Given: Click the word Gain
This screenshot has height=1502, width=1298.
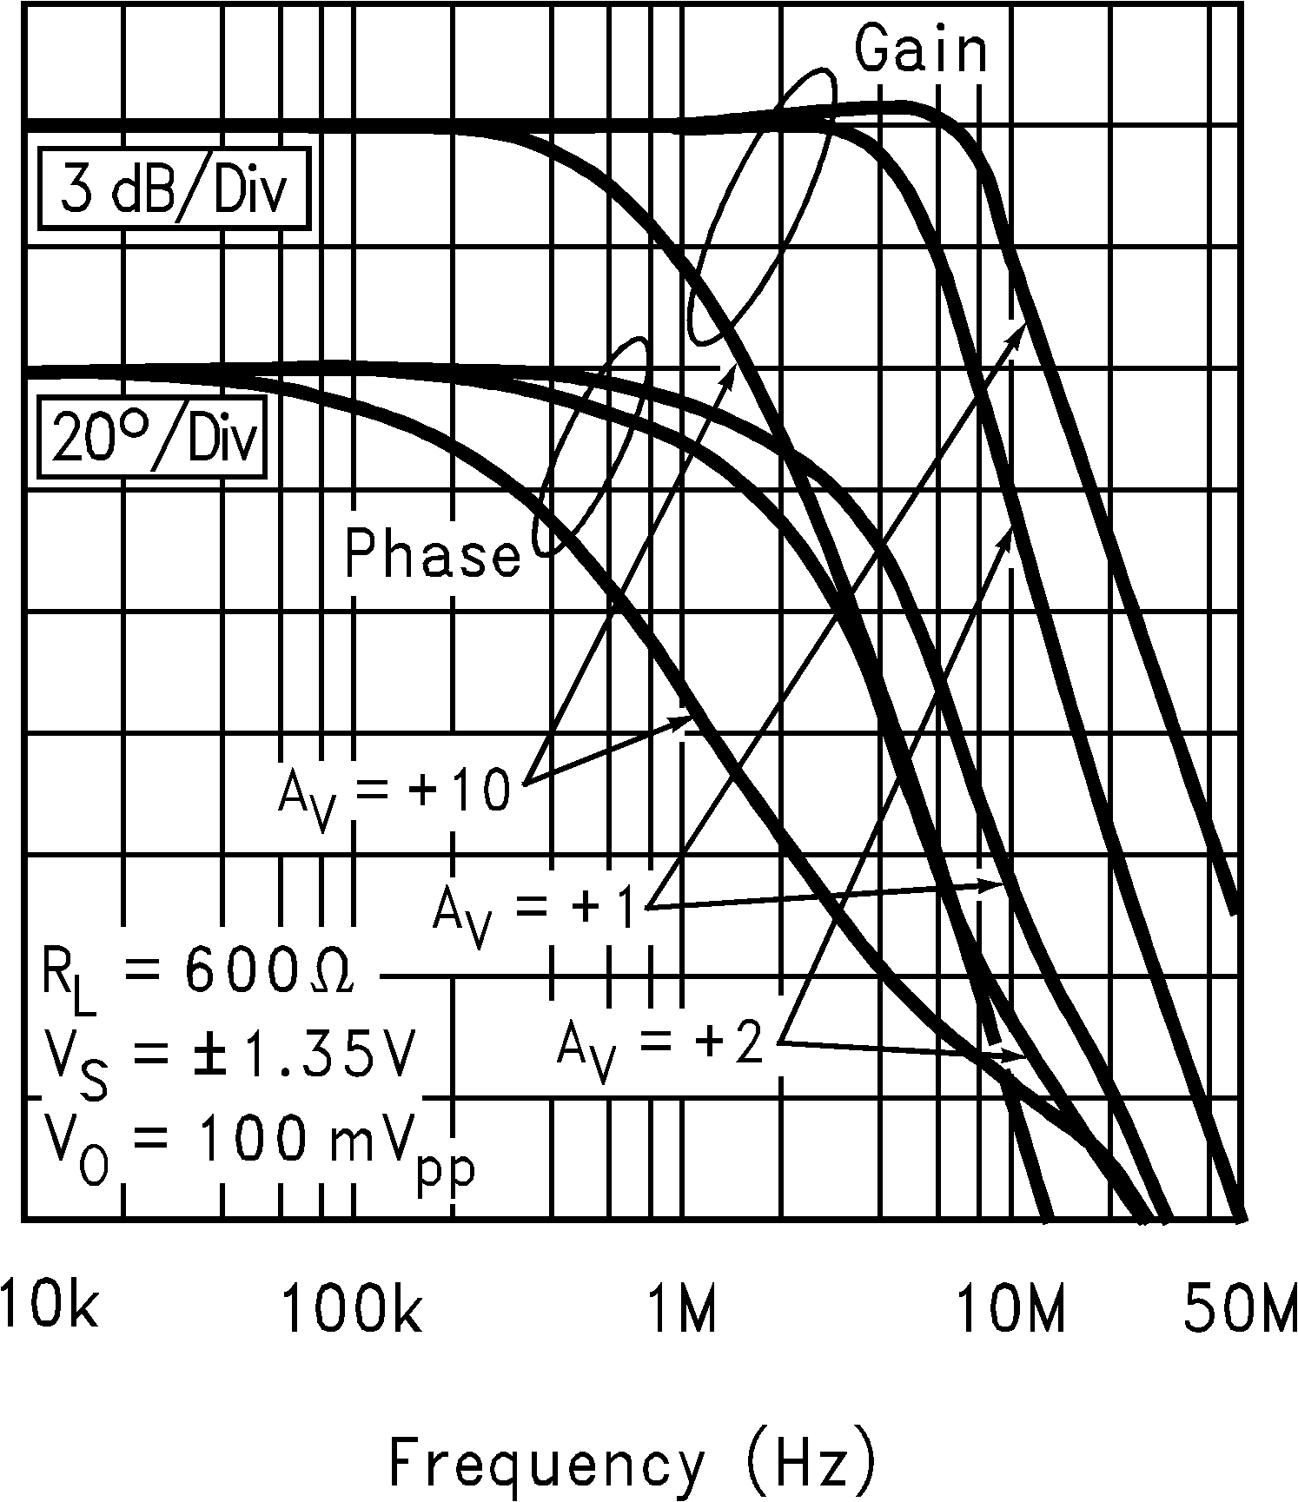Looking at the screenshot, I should pos(922,50).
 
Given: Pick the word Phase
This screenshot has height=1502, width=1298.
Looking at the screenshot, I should pos(433,553).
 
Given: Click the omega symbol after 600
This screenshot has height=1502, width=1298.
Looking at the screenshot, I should pos(332,976).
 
